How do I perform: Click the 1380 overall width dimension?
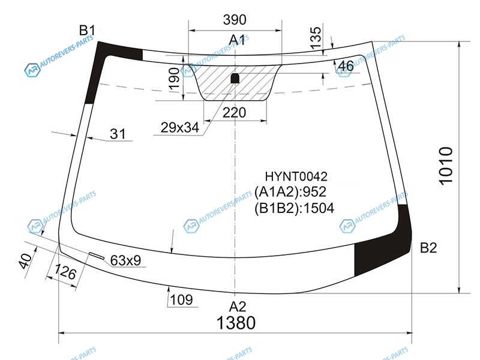[236, 323]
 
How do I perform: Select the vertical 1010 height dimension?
[446, 166]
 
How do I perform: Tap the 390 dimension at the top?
[235, 20]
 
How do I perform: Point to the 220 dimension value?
[234, 113]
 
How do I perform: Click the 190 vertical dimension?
[174, 79]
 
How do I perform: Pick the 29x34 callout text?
[180, 127]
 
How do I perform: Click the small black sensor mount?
[235, 79]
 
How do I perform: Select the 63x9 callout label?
[125, 260]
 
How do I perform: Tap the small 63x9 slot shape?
[96, 256]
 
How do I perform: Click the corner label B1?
[87, 31]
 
